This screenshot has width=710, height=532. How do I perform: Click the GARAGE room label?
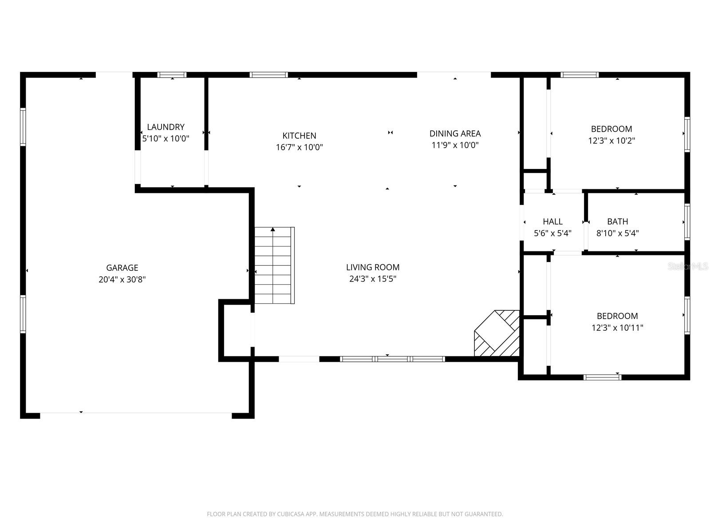[x=122, y=268]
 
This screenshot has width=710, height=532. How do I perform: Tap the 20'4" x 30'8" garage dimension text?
[x=122, y=279]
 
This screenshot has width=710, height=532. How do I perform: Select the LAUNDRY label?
[x=166, y=127]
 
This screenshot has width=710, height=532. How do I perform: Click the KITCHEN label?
[x=299, y=136]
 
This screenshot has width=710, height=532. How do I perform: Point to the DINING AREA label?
[x=455, y=133]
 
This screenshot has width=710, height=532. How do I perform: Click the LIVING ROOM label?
[x=373, y=267]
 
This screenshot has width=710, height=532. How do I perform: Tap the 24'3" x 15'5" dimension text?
[x=373, y=279]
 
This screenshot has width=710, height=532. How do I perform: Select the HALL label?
[x=552, y=222]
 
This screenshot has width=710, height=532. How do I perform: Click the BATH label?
[x=617, y=222]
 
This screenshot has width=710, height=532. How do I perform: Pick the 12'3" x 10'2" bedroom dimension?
[x=611, y=141]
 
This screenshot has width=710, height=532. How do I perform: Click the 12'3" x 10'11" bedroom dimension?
[x=617, y=328]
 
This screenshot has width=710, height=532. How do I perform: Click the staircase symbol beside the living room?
[x=274, y=265]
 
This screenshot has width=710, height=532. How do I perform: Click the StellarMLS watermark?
[x=688, y=266]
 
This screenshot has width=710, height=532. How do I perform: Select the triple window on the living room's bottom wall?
[x=392, y=359]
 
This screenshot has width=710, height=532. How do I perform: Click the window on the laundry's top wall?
[x=172, y=75]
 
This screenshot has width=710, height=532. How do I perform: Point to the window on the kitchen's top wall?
[x=268, y=75]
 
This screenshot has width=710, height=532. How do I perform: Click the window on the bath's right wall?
[x=687, y=222]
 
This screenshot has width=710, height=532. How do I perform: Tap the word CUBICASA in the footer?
[x=291, y=514]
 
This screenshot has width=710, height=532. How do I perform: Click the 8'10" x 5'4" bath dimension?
[x=617, y=233]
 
